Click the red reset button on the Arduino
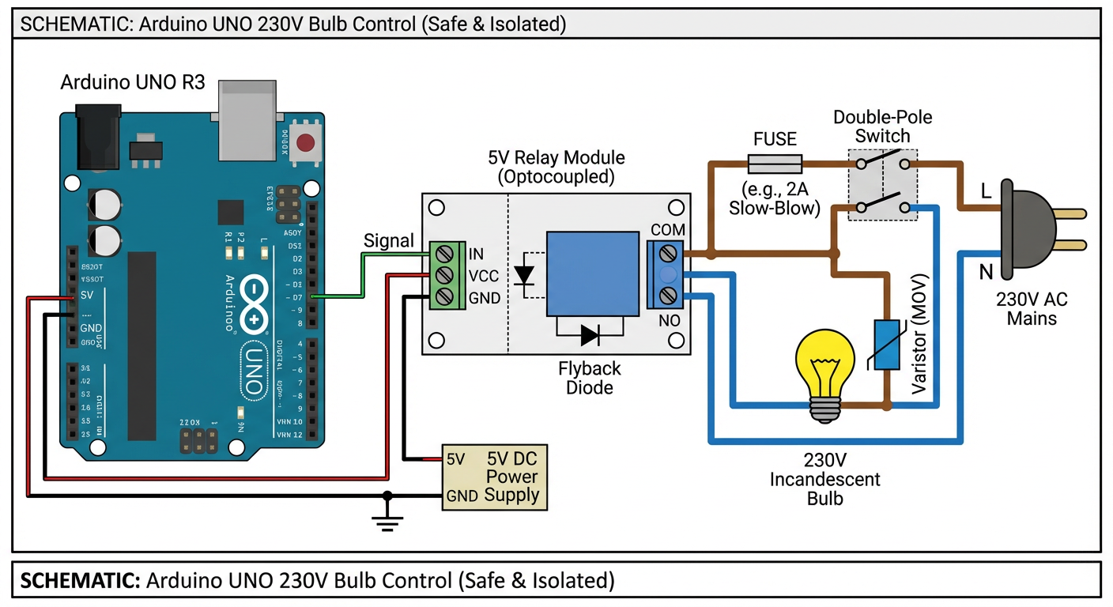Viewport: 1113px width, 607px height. tap(304, 143)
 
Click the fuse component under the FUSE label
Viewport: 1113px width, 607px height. tap(775, 164)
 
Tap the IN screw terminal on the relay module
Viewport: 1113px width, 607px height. tap(445, 254)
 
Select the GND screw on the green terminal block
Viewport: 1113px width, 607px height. tap(445, 296)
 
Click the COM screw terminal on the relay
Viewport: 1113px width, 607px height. tap(669, 253)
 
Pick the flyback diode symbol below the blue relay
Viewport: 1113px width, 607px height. tap(590, 334)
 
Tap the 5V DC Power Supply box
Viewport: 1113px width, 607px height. tap(494, 477)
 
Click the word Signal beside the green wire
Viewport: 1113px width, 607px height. tap(388, 241)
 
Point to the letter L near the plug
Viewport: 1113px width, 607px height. tap(986, 192)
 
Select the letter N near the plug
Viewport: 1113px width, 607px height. tap(986, 273)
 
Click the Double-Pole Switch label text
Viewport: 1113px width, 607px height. tap(882, 126)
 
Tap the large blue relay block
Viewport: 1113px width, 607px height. tap(593, 273)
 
